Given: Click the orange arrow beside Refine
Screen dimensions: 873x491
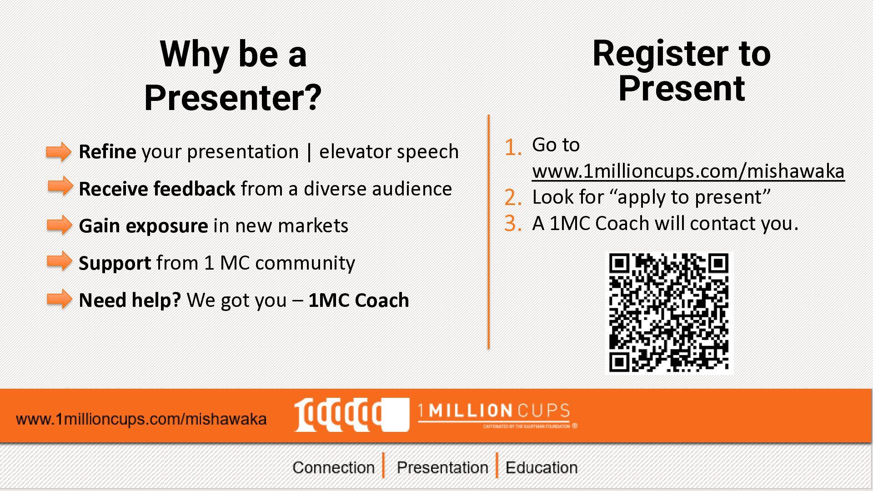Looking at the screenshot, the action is (59, 151).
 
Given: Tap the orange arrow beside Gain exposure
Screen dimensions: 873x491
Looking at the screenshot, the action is (60, 225).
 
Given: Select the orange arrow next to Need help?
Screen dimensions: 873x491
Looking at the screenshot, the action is (60, 299).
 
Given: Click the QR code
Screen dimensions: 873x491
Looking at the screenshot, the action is (669, 313).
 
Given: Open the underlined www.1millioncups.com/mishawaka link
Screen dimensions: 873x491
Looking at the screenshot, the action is (688, 171).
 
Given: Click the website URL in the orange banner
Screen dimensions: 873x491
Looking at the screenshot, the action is (141, 419).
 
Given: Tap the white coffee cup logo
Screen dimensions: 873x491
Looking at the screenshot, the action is (351, 415).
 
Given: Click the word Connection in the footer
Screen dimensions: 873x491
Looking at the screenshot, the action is (333, 467).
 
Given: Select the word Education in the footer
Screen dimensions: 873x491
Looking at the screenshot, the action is (542, 467).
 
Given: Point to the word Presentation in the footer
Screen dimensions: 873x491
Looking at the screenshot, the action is (442, 467).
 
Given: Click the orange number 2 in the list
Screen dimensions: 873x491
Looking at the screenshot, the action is (513, 198).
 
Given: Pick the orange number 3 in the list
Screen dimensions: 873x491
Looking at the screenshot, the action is (513, 224).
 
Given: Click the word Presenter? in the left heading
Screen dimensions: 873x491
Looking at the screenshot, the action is (233, 97).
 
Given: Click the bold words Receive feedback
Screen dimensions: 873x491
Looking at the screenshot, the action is (157, 189).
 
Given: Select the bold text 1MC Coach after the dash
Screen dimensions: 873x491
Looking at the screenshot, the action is (359, 300).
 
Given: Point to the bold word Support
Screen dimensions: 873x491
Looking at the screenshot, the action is (115, 263).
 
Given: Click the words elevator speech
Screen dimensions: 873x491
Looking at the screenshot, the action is (389, 152).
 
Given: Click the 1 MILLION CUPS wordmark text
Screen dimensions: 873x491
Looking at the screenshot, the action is (494, 411).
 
